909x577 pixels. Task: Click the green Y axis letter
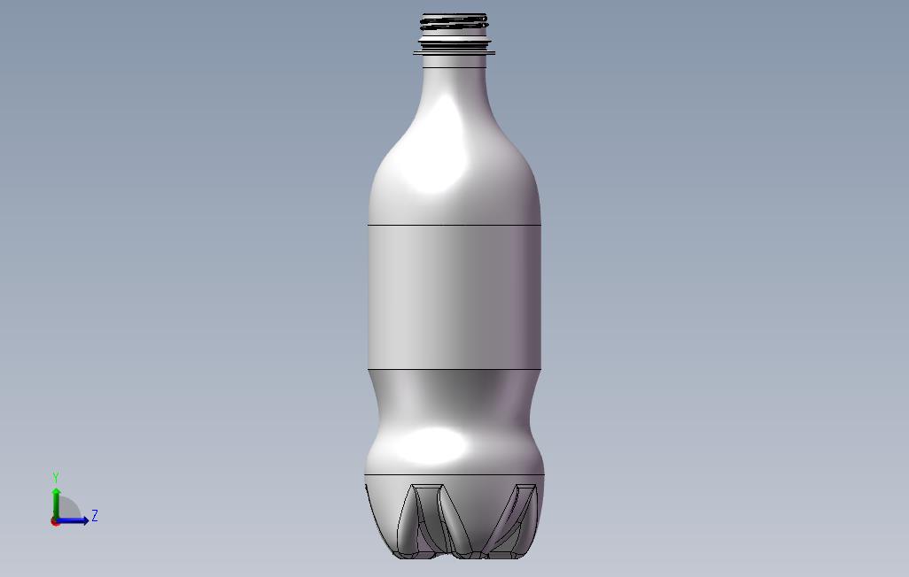(x=56, y=477)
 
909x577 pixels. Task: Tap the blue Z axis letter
(x=95, y=515)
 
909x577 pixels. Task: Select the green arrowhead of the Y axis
(x=56, y=492)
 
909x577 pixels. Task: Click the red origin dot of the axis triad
(x=55, y=522)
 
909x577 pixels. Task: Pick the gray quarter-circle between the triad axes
(x=68, y=508)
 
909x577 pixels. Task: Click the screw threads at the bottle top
(x=454, y=23)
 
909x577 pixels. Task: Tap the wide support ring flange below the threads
(x=454, y=53)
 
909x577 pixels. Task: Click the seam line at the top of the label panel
(x=454, y=224)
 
